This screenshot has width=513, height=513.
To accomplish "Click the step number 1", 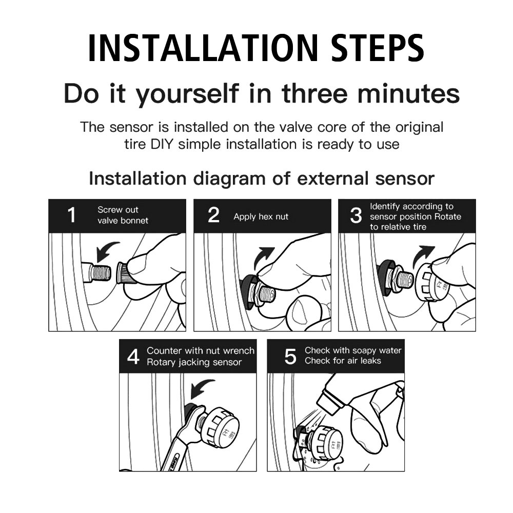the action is (x=72, y=215).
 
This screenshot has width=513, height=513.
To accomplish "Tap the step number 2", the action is (x=213, y=215).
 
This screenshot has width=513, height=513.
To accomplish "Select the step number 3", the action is (x=356, y=215).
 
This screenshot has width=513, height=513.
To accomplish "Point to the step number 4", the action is (x=133, y=357).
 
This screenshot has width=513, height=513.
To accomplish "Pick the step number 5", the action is (x=290, y=357).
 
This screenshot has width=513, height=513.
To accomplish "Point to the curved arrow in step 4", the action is (x=200, y=388).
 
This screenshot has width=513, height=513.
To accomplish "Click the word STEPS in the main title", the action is (x=378, y=48).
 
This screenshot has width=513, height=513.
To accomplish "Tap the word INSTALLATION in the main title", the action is (x=203, y=48).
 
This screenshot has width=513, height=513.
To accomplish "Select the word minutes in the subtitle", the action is (x=408, y=93).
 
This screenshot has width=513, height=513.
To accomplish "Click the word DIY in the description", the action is (x=162, y=144).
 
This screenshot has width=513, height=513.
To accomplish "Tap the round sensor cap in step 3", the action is (x=432, y=282).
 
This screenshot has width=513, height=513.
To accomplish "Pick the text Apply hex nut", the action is (x=261, y=216).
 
